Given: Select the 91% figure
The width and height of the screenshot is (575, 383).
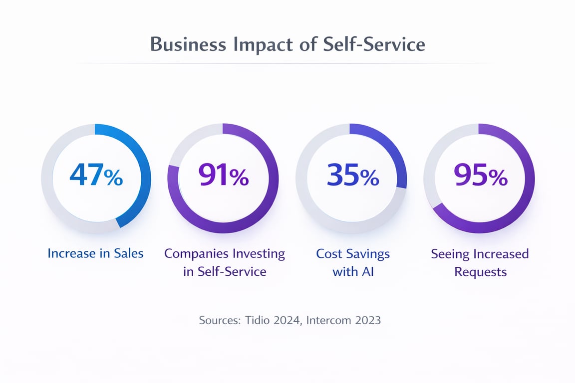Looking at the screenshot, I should pyautogui.click(x=223, y=178).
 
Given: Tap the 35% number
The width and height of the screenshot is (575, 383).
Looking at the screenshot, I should pyautogui.click(x=352, y=178).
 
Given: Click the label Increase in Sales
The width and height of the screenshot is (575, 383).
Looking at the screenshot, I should pyautogui.click(x=95, y=253).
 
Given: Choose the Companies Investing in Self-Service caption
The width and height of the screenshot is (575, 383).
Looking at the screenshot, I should pyautogui.click(x=225, y=262).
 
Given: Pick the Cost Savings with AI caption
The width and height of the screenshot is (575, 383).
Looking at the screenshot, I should pyautogui.click(x=353, y=262).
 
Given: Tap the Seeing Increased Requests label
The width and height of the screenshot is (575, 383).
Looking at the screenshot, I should pyautogui.click(x=480, y=262).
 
